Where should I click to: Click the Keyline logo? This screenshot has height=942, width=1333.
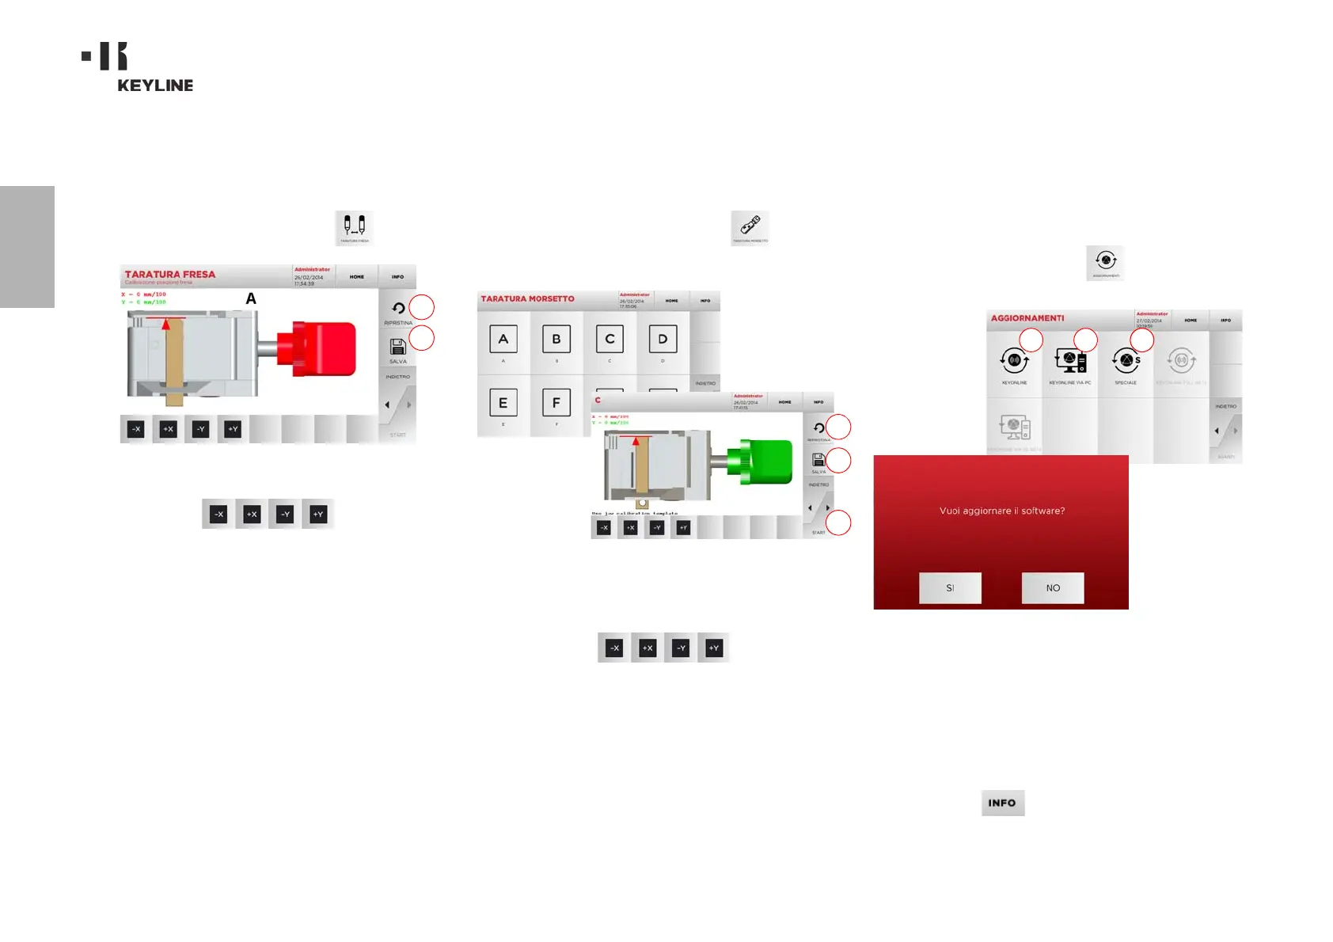(139, 67)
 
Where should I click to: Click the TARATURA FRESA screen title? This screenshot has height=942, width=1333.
(169, 275)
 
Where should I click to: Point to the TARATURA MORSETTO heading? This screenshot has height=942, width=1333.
(527, 299)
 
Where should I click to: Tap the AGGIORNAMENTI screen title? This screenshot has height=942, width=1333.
(1027, 318)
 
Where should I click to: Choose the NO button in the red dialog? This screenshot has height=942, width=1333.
(1052, 588)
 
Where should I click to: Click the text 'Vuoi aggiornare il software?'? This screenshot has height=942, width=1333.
(1001, 511)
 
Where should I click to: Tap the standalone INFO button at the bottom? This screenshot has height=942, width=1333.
(1002, 803)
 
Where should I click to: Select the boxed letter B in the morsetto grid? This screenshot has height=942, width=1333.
(556, 340)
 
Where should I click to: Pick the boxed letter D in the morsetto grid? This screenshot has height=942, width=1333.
(663, 340)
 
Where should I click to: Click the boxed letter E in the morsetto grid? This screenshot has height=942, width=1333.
(503, 403)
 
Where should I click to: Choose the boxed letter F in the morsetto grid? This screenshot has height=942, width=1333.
(556, 403)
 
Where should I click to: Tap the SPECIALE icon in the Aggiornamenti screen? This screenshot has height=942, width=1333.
(1126, 362)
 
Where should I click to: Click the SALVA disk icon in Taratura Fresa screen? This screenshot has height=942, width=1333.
(397, 347)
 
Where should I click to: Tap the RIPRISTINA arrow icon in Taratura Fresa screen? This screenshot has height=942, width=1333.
(398, 309)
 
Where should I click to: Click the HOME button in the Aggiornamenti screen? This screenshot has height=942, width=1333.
(1191, 321)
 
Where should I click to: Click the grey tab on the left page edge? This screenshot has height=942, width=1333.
(27, 246)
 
